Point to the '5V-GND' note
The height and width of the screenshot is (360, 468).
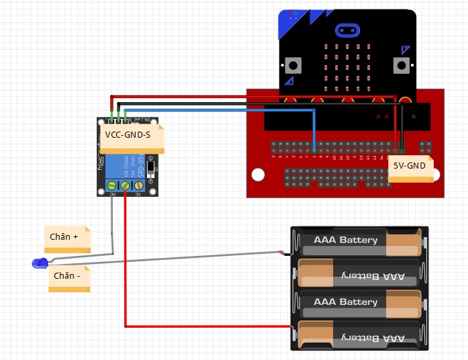(410, 169)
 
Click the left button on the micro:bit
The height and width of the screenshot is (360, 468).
(293, 65)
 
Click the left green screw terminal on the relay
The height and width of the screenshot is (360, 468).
(112, 185)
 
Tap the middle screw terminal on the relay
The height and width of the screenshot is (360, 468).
(125, 185)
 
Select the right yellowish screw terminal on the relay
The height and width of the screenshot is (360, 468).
(138, 185)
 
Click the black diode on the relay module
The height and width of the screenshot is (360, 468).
(151, 166)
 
